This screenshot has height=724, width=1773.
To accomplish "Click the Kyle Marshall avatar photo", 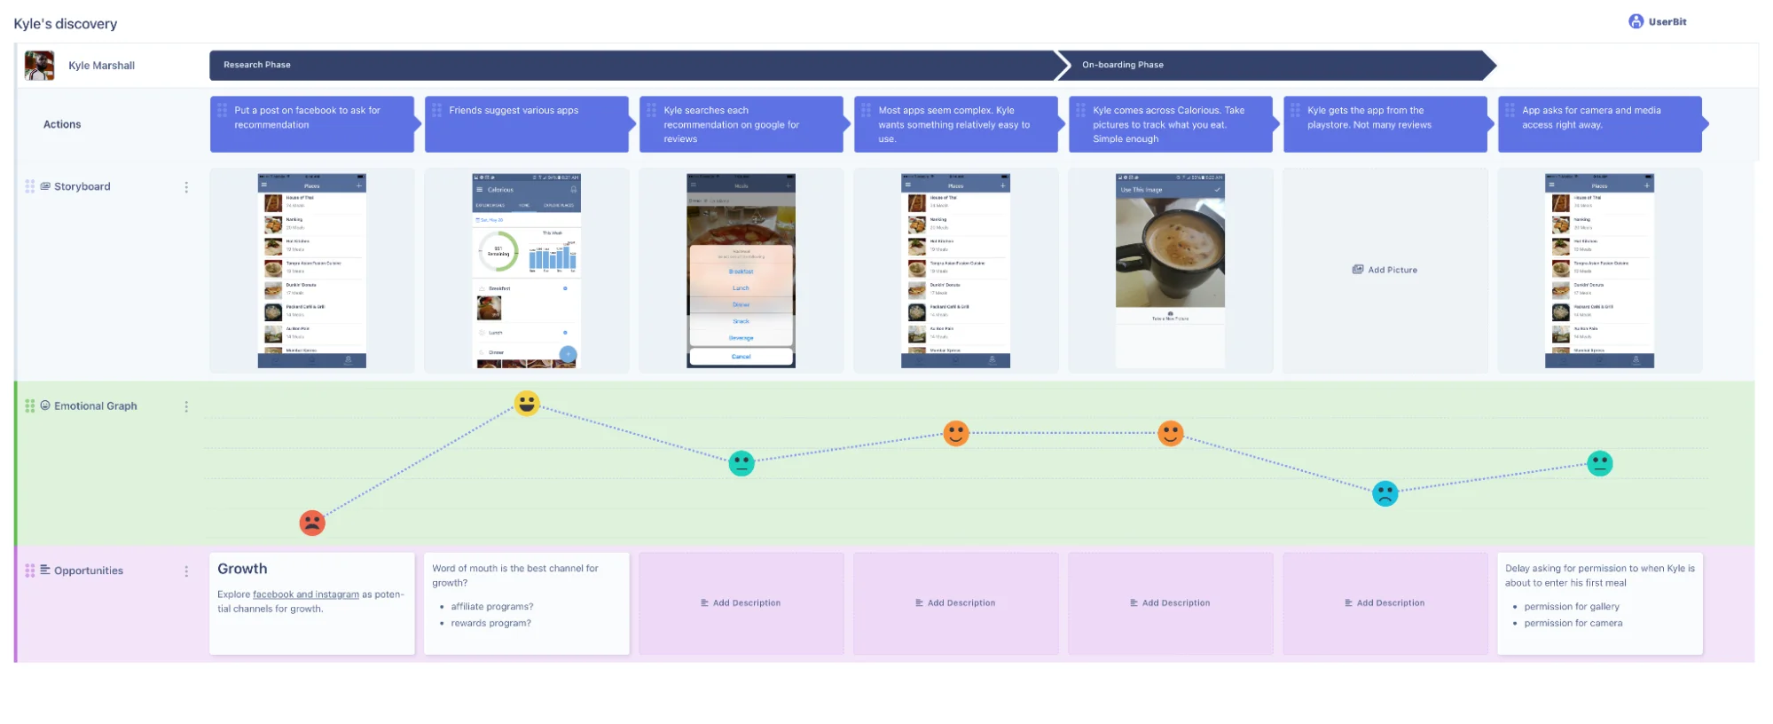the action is [x=39, y=66].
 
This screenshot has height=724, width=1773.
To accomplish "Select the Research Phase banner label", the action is [x=257, y=65].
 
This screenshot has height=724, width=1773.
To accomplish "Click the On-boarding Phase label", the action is [x=1122, y=65].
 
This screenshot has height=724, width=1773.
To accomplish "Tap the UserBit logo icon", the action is [x=1636, y=22].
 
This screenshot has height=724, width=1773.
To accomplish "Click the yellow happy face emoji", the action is [x=527, y=404].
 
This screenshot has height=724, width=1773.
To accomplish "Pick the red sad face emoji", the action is [x=312, y=523].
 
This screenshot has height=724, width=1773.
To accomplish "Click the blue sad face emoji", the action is [x=1385, y=493].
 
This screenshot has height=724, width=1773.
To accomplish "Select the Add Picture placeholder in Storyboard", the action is [x=1385, y=270].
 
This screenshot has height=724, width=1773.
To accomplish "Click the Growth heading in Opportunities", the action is [x=242, y=569].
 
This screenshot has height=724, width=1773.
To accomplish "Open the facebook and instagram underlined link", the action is [x=306, y=594].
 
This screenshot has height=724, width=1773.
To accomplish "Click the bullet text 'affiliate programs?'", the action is [x=492, y=607].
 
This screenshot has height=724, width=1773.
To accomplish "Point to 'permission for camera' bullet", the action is [x=1573, y=623].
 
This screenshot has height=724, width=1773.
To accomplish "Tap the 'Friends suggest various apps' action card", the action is [x=526, y=124].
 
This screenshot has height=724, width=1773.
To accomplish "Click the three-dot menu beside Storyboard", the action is [x=186, y=187].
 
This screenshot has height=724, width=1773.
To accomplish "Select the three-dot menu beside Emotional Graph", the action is [x=186, y=406].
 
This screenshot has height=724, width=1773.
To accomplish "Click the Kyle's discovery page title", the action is [x=66, y=24].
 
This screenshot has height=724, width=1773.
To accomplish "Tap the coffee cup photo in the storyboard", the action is [x=1170, y=253].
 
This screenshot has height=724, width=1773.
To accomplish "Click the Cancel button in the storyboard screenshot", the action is [x=741, y=357].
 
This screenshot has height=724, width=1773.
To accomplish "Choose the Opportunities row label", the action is [x=88, y=571].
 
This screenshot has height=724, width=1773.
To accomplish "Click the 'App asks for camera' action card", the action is [x=1599, y=124].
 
